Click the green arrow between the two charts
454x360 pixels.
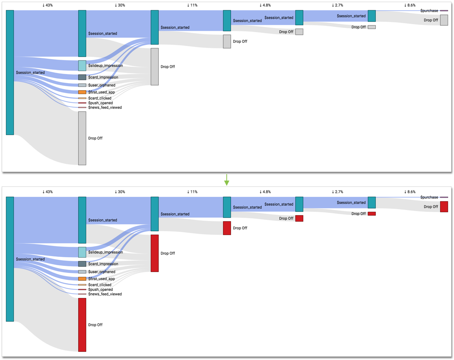pyautogui.click(x=227, y=180)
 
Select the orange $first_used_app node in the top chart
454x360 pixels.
pyautogui.click(x=82, y=92)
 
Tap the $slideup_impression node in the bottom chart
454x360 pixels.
pyautogui.click(x=82, y=252)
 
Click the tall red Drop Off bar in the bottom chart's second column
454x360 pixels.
pyautogui.click(x=82, y=325)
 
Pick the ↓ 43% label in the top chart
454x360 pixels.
pyautogui.click(x=48, y=5)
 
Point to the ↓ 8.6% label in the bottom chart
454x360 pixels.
pyautogui.click(x=410, y=192)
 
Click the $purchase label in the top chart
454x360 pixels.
pyautogui.click(x=429, y=11)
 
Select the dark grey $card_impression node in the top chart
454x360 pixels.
pyautogui.click(x=82, y=77)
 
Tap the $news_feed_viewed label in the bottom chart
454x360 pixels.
pyautogui.click(x=105, y=294)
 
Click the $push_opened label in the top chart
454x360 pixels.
pyautogui.click(x=100, y=103)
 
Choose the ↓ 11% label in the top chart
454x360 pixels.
pyautogui.click(x=192, y=5)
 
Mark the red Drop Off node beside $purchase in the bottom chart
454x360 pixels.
pyautogui.click(x=444, y=207)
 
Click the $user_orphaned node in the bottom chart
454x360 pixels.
pyautogui.click(x=82, y=272)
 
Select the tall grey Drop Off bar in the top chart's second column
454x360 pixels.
pyautogui.click(x=82, y=138)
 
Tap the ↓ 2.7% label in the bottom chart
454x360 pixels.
pyautogui.click(x=337, y=192)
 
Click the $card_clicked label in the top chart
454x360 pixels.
pyautogui.click(x=100, y=98)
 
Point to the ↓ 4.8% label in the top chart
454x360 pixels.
pyautogui.click(x=265, y=5)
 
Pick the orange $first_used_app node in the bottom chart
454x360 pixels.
pyautogui.click(x=82, y=279)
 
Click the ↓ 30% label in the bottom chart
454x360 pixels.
pyautogui.click(x=120, y=192)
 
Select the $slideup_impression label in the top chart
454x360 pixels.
pyautogui.click(x=105, y=66)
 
